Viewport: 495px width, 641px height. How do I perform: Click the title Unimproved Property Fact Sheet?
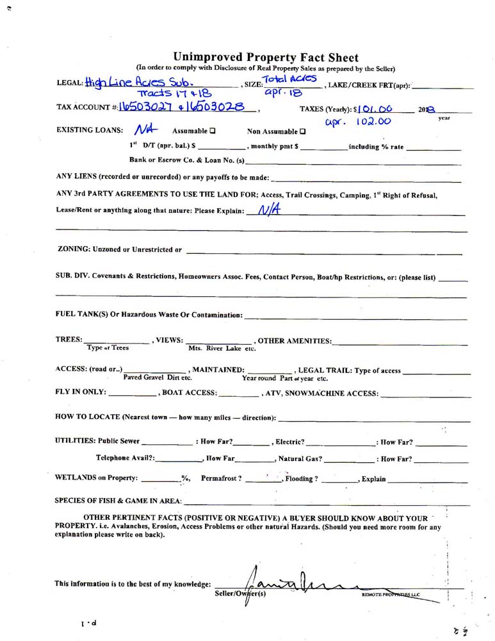[266, 58]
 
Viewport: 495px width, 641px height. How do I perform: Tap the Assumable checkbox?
[212, 131]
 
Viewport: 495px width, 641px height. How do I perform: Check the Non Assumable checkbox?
[302, 131]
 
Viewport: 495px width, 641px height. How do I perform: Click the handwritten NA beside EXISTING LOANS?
[147, 129]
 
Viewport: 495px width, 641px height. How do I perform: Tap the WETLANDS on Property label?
[96, 478]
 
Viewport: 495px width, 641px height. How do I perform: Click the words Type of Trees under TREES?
[108, 348]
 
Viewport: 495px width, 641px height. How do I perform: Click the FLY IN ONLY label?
[80, 393]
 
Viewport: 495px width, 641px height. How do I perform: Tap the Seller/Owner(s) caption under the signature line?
[240, 594]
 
